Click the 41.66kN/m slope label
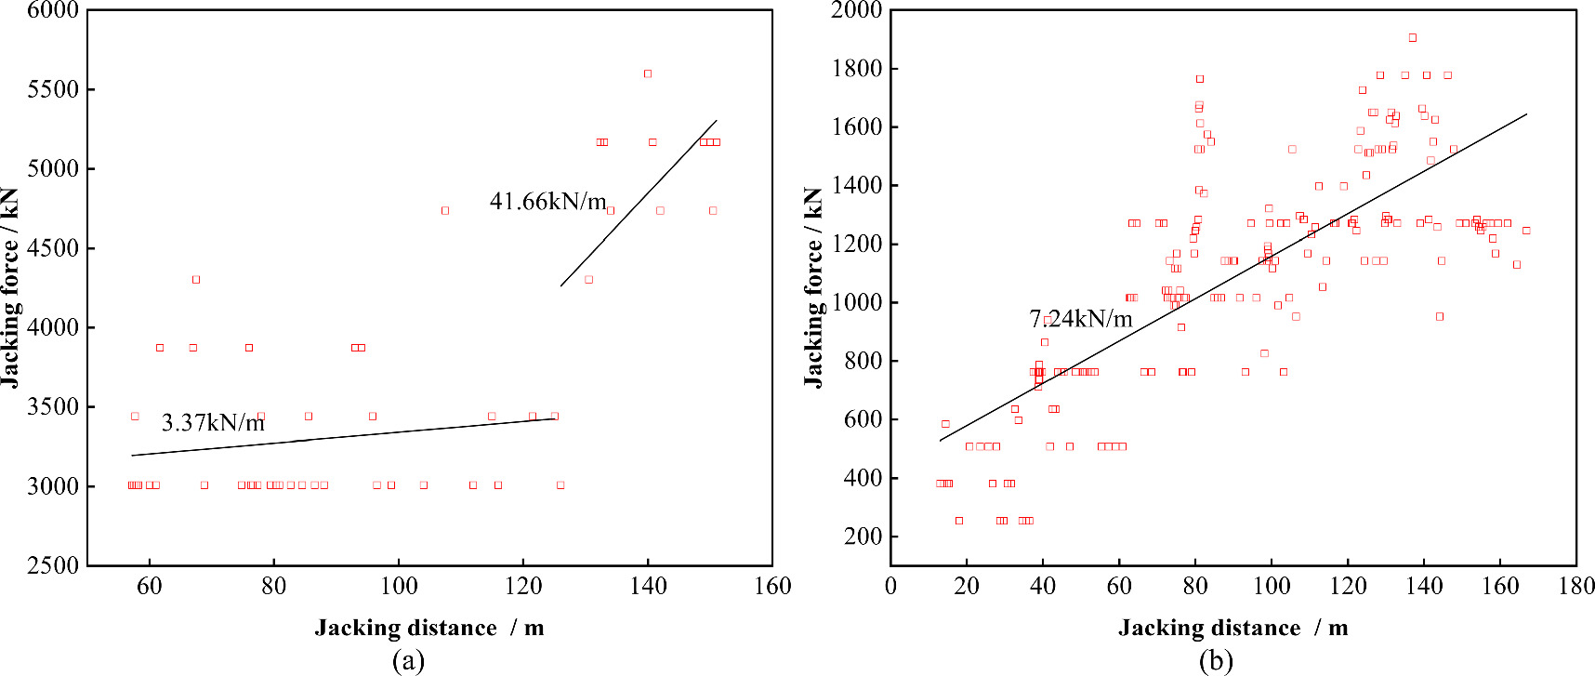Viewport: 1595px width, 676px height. pos(547,202)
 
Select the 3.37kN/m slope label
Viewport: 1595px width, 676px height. pos(213,423)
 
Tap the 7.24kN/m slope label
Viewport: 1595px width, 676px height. pos(1081,319)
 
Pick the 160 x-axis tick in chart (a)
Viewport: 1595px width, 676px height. pos(772,586)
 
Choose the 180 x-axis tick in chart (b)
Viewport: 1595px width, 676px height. pos(1576,586)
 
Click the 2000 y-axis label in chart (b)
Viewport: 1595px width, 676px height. pos(857,10)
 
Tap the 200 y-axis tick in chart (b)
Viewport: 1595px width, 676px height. pos(863,537)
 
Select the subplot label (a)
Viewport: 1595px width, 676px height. pos(409,660)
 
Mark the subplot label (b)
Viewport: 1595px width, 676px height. pos(1216,660)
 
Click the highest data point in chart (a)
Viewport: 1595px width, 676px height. pos(648,73)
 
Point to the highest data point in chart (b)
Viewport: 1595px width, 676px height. pos(1412,38)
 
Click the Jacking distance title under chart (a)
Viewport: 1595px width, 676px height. pos(428,628)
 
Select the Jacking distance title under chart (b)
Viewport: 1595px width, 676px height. pos(1232,628)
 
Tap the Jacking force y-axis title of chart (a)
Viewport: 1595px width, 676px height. pos(10,287)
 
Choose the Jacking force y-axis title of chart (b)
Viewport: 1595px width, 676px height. pos(814,287)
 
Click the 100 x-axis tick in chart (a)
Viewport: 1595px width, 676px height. pos(398,586)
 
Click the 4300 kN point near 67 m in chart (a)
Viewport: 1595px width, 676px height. pos(196,280)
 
